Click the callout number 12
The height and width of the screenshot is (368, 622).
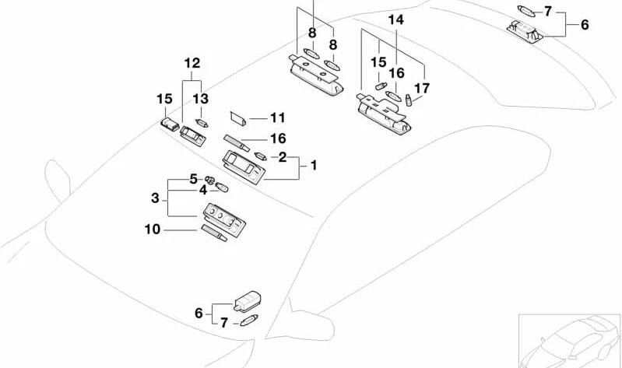click(192, 63)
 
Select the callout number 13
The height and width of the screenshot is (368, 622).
click(201, 99)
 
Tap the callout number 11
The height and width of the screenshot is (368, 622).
click(278, 118)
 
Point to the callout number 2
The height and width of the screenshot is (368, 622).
click(283, 156)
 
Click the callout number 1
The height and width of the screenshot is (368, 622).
click(313, 165)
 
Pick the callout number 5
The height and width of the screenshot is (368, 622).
click(193, 179)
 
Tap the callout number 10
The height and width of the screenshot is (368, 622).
click(152, 230)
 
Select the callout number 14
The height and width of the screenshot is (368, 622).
click(396, 19)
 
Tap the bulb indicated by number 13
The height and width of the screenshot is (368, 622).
click(205, 122)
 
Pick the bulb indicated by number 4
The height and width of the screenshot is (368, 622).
click(221, 187)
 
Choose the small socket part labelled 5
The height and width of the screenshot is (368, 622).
click(209, 181)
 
